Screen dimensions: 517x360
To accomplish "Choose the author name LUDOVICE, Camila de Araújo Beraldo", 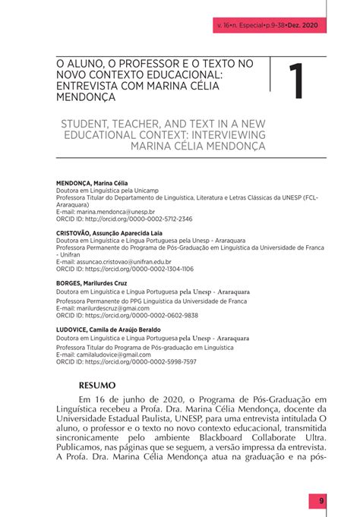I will tap(109, 329).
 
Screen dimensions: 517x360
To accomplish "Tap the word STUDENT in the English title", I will tap(86, 122).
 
